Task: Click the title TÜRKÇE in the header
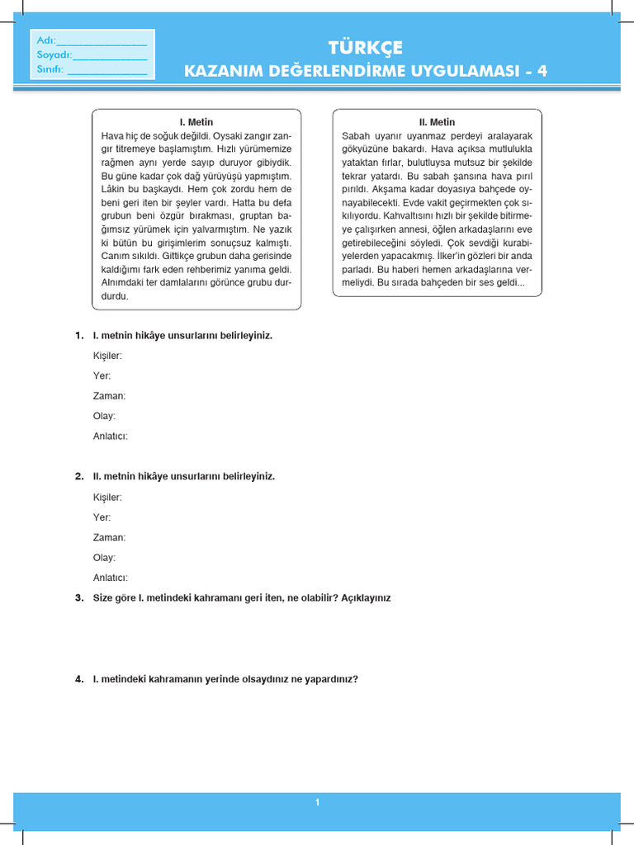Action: pos(366,48)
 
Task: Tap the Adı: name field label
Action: pos(45,40)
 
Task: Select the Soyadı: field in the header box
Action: pos(54,55)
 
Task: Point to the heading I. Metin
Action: pos(196,122)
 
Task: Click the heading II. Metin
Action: pos(438,122)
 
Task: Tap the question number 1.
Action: pos(78,336)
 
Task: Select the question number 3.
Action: pos(78,597)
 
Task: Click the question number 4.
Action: pos(78,679)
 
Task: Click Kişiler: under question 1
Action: pos(108,356)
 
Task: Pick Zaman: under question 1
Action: pos(109,396)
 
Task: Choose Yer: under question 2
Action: pos(102,517)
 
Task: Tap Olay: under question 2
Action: pos(104,558)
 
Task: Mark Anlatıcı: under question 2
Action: pos(111,578)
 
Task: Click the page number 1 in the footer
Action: pos(317,802)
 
